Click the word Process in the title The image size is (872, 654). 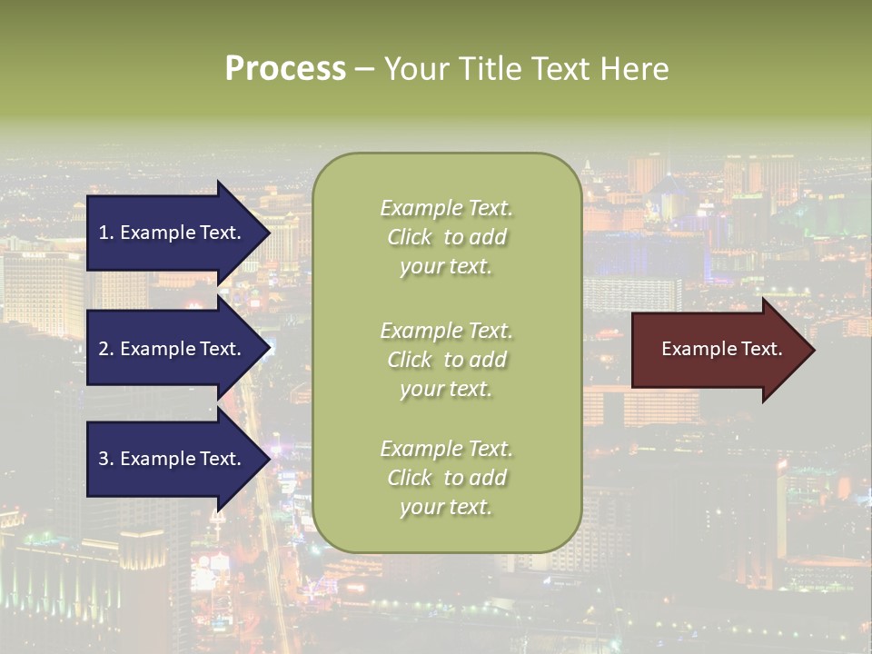click(x=285, y=69)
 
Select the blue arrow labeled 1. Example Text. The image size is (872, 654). click(x=173, y=233)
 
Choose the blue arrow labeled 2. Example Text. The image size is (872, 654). click(x=173, y=349)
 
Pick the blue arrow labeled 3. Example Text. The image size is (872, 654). click(x=173, y=459)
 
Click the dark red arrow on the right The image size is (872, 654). click(x=718, y=350)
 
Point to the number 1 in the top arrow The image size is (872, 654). click(x=103, y=233)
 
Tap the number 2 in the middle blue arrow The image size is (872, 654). click(x=104, y=349)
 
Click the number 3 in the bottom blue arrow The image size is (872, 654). click(x=104, y=459)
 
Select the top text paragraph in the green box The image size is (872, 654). click(x=446, y=237)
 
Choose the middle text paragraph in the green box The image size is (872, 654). click(x=446, y=360)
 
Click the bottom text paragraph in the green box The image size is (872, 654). click(x=446, y=478)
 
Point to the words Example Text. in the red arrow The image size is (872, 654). click(x=722, y=349)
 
